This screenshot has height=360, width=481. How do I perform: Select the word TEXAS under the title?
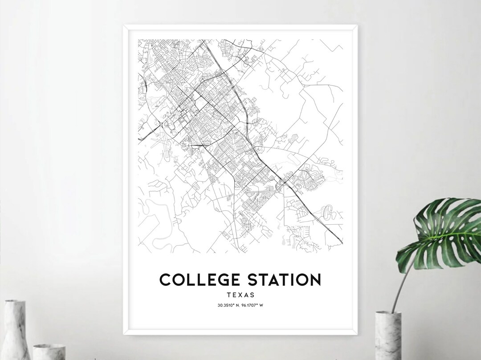tap(240, 295)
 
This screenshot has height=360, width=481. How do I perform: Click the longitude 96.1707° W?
tap(253, 305)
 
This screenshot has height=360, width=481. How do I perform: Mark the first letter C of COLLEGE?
tap(166, 279)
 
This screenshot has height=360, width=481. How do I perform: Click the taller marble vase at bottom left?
tap(16, 329)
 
